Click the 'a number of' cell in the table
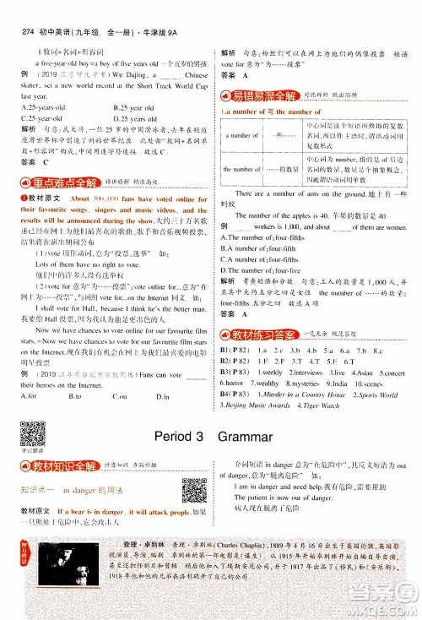coord(242,135)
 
